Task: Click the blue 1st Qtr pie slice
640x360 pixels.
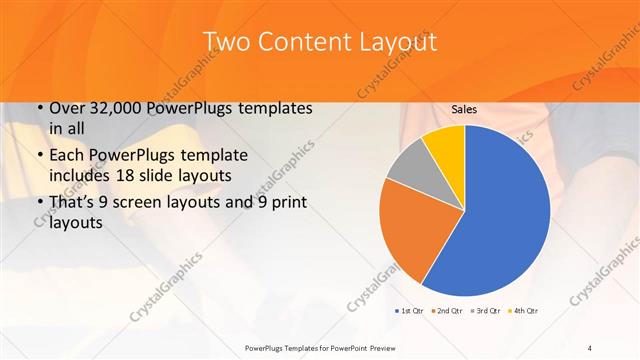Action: point(500,210)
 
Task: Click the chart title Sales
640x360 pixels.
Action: point(464,109)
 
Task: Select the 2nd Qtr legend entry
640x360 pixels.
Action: point(448,311)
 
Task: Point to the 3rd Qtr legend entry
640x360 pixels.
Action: point(484,311)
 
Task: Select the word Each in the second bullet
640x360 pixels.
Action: point(67,157)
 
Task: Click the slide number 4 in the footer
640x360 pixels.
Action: point(591,348)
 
